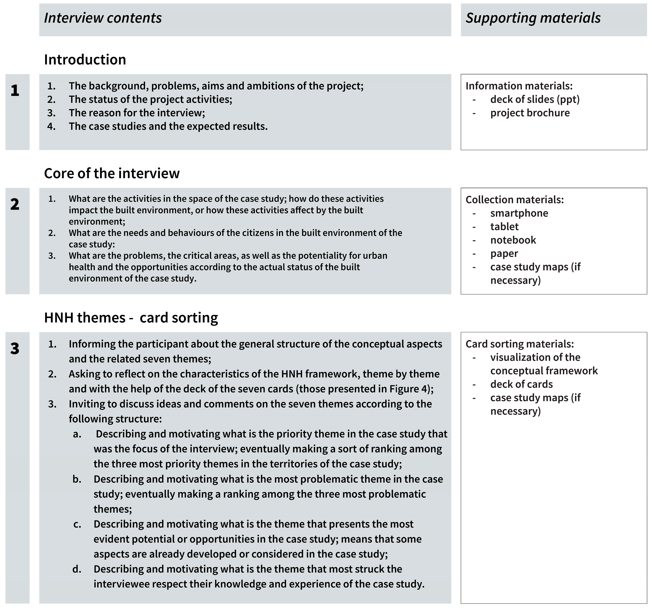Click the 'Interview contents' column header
[x=103, y=18]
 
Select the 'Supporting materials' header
[x=533, y=18]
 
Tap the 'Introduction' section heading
[x=85, y=60]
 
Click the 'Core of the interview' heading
[x=112, y=173]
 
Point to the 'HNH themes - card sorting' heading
[x=131, y=318]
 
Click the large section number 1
[x=15, y=91]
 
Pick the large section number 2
[x=15, y=204]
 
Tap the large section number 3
[x=15, y=348]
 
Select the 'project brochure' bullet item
[x=530, y=113]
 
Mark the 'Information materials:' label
[x=519, y=86]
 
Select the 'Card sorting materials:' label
[x=519, y=344]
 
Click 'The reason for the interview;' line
[x=137, y=113]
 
